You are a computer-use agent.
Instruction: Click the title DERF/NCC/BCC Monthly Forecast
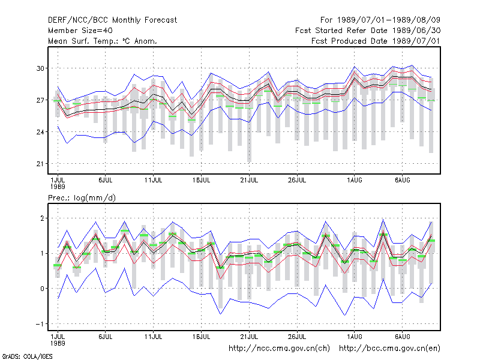pyautogui.click(x=112, y=20)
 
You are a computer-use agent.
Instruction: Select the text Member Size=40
pyautogui.click(x=80, y=31)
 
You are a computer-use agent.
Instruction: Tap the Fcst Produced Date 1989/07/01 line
pyautogui.click(x=376, y=41)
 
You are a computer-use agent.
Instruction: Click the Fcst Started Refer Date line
pyautogui.click(x=368, y=31)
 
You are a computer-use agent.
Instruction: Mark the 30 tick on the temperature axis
pyautogui.click(x=40, y=68)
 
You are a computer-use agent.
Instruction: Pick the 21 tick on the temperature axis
pyautogui.click(x=40, y=164)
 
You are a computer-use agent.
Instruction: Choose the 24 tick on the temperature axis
pyautogui.click(x=40, y=132)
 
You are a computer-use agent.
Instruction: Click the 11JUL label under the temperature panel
pyautogui.click(x=154, y=180)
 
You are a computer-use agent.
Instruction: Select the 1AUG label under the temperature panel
pyautogui.click(x=355, y=180)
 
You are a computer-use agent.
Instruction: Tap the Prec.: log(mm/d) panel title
pyautogui.click(x=82, y=198)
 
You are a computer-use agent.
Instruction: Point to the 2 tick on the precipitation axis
pyautogui.click(x=42, y=218)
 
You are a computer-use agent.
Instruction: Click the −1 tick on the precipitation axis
pyautogui.click(x=40, y=324)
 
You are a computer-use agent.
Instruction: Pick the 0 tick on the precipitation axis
pyautogui.click(x=42, y=289)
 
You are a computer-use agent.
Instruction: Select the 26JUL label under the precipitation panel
pyautogui.click(x=297, y=337)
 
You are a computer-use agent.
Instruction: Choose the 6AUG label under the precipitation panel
pyautogui.click(x=402, y=337)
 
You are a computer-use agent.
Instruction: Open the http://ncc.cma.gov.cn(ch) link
pyautogui.click(x=279, y=349)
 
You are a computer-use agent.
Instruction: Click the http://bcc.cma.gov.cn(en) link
pyautogui.click(x=389, y=349)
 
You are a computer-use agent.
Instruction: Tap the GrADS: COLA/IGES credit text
pyautogui.click(x=27, y=356)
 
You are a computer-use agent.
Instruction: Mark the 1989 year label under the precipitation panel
pyautogui.click(x=58, y=343)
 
